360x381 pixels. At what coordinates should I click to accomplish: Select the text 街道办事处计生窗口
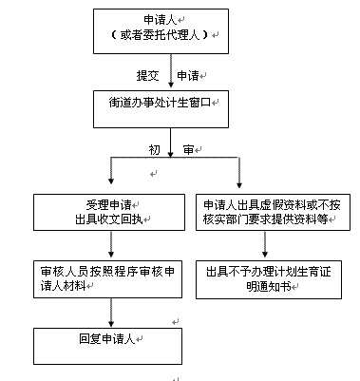pyautogui.click(x=162, y=108)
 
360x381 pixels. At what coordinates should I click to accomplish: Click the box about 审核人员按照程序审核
pyautogui.click(x=111, y=276)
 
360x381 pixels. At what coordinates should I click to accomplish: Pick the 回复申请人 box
pyautogui.click(x=107, y=339)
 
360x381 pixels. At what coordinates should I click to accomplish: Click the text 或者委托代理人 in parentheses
pyautogui.click(x=164, y=35)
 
